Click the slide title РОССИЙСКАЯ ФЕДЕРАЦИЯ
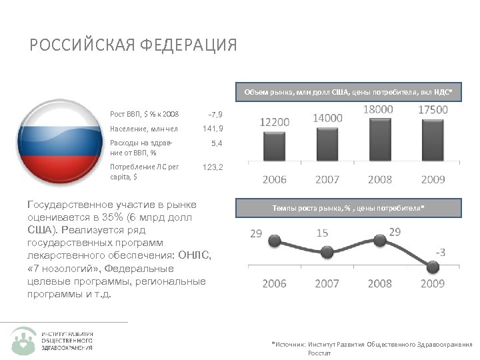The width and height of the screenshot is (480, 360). [x=133, y=45]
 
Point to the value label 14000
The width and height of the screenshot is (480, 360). [x=327, y=117]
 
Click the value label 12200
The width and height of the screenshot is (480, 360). [x=275, y=122]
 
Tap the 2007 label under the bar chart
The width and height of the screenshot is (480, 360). [x=327, y=179]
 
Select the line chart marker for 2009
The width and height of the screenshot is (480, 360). [x=433, y=267]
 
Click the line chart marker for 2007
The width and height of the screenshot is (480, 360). [x=327, y=252]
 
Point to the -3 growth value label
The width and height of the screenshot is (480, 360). [x=441, y=252]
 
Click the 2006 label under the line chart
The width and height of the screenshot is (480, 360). [x=275, y=283]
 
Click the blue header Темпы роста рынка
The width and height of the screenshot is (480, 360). [x=347, y=209]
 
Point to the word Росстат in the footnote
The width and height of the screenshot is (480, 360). [x=319, y=353]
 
